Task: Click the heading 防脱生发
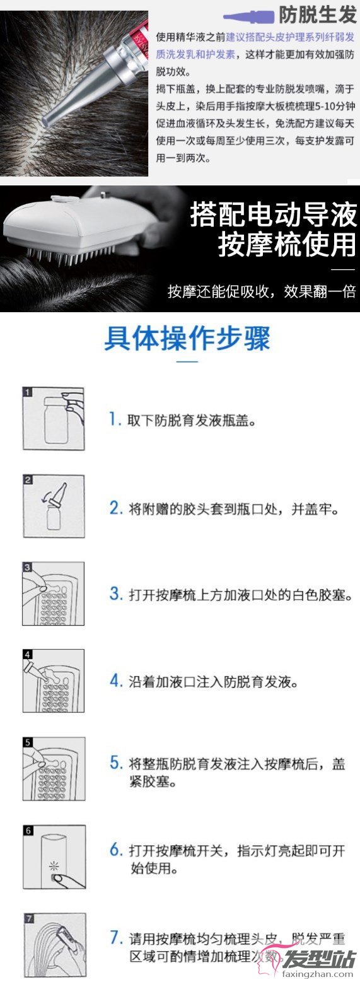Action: coord(318,15)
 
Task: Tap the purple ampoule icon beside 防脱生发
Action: coord(249,16)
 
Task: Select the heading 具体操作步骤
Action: coord(187,339)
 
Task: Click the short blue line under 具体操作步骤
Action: coord(187,361)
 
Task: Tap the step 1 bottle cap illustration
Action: coord(54,419)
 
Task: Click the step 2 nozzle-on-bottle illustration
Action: coord(54,506)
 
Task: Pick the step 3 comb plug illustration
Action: coord(54,593)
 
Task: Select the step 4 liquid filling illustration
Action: coord(54,681)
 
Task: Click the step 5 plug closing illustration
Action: coord(54,768)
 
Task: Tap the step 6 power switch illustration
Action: coord(54,857)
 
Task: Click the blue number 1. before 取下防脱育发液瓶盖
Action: coord(115,419)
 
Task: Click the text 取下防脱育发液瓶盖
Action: coord(192,421)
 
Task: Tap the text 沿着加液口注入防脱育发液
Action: coord(214,682)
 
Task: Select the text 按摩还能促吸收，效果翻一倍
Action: coord(262,291)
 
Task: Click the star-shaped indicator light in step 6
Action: coord(54,865)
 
